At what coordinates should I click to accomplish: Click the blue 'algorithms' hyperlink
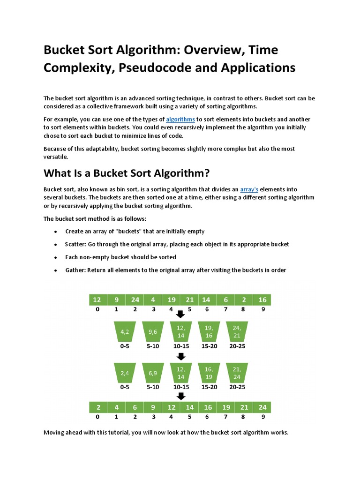(x=180, y=120)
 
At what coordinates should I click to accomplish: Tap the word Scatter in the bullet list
(x=75, y=244)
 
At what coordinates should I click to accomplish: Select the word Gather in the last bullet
(x=75, y=270)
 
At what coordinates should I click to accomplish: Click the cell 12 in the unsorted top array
(x=97, y=300)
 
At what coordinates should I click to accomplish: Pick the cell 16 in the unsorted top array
(x=262, y=300)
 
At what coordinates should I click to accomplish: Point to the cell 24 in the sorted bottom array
(x=262, y=407)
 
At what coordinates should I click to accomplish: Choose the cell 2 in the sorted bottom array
(x=97, y=407)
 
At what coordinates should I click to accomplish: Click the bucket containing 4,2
(x=125, y=332)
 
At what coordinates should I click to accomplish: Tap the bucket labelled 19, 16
(x=209, y=332)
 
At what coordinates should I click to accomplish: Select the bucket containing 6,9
(x=153, y=373)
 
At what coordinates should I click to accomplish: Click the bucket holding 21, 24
(x=237, y=373)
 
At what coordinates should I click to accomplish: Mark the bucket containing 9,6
(x=153, y=332)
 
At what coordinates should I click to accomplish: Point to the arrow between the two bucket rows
(x=180, y=356)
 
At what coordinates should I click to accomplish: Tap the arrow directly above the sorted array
(x=180, y=397)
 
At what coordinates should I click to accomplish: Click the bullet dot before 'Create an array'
(x=56, y=232)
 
